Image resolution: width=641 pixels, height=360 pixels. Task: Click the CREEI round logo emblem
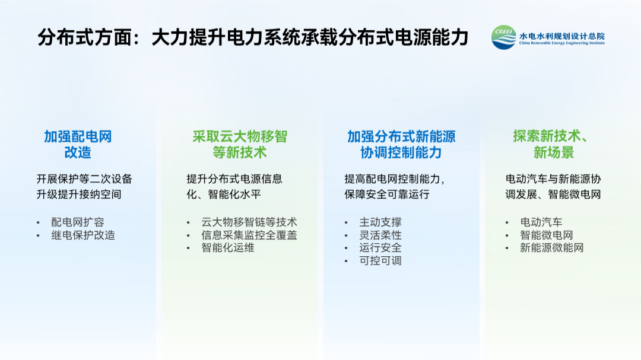[504, 37]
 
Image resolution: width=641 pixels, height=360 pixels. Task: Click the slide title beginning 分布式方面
[253, 37]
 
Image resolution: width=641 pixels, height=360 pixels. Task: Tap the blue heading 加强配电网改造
[78, 144]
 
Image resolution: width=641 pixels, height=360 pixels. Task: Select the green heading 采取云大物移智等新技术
[240, 144]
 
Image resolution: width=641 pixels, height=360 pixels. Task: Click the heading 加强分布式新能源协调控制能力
[401, 144]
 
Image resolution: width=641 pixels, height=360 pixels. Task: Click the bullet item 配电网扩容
[78, 222]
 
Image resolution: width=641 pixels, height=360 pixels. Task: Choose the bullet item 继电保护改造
[83, 235]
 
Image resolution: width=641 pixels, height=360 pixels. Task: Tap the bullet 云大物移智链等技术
[249, 222]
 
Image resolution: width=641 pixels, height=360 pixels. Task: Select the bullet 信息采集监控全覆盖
[249, 235]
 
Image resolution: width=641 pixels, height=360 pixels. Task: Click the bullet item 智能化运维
[228, 248]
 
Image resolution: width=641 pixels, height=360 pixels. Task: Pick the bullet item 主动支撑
[380, 222]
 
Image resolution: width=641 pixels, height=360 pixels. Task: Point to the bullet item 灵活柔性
[380, 235]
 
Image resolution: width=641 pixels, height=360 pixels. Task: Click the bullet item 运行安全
[380, 248]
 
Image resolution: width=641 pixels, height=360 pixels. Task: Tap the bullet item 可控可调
[380, 261]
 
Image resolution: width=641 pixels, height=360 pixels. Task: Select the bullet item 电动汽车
[541, 222]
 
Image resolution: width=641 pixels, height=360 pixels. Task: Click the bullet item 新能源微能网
[551, 248]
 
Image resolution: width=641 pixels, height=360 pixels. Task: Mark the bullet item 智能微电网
[546, 235]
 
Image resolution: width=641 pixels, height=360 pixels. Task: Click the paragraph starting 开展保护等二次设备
[84, 186]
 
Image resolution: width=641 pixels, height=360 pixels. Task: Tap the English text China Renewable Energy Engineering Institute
[561, 43]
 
